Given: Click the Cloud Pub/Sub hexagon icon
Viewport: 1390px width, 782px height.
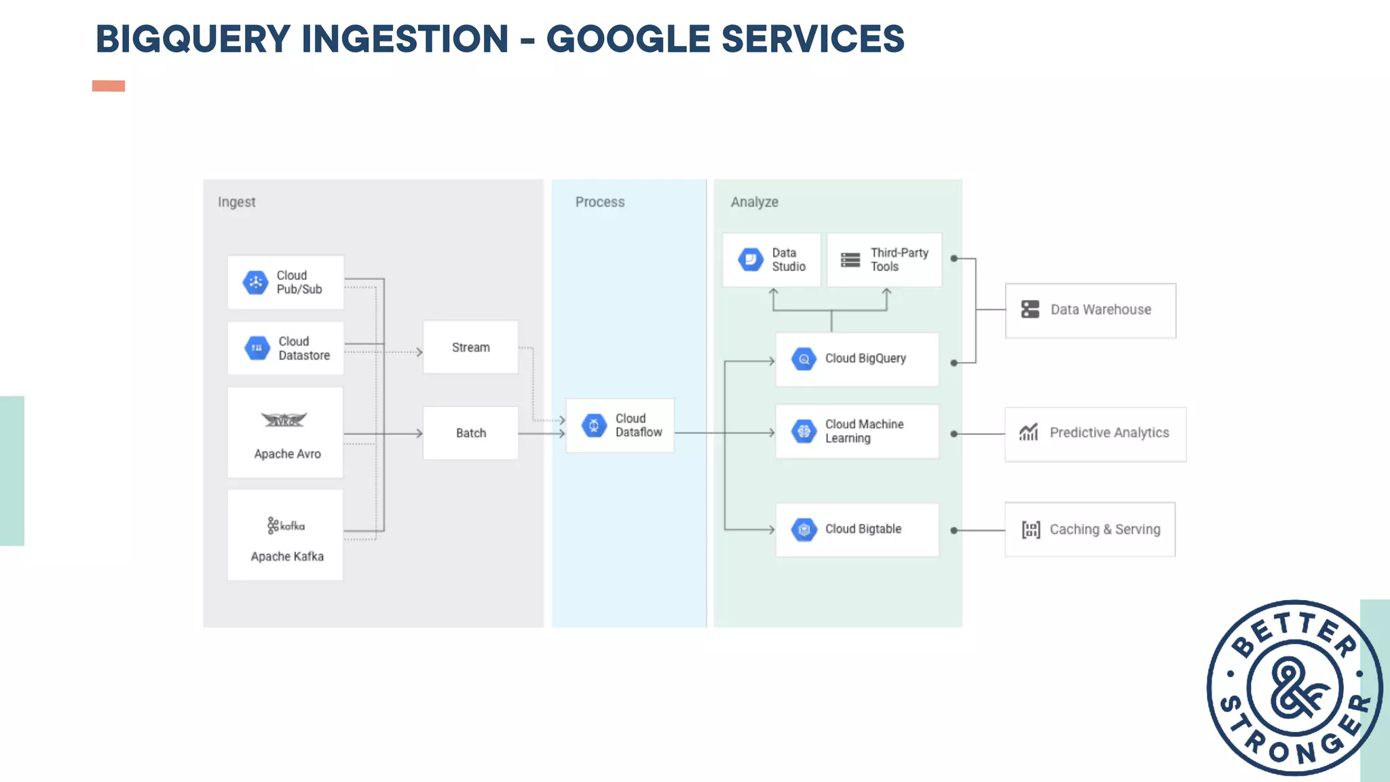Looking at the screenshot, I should pyautogui.click(x=255, y=282).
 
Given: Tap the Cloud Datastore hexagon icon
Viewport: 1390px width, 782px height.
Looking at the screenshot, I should pyautogui.click(x=257, y=348).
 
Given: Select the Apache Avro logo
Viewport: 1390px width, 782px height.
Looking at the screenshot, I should pyautogui.click(x=284, y=420).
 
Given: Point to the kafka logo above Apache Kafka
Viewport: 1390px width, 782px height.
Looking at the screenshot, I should pyautogui.click(x=286, y=525).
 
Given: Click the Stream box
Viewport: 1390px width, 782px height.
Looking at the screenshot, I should pyautogui.click(x=470, y=348).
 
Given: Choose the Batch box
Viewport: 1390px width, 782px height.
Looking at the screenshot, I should pyautogui.click(x=470, y=433).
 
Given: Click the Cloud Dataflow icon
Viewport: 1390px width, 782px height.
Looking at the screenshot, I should pyautogui.click(x=594, y=426).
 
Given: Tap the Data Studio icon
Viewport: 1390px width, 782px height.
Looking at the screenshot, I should pyautogui.click(x=751, y=259).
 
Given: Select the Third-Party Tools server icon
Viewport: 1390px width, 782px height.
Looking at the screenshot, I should pyautogui.click(x=850, y=260).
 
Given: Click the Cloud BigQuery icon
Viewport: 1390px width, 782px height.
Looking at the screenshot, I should pyautogui.click(x=804, y=359).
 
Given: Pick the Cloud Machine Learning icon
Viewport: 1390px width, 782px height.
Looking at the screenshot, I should pyautogui.click(x=804, y=431).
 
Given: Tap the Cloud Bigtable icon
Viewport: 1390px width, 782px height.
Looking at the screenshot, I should pyautogui.click(x=804, y=529).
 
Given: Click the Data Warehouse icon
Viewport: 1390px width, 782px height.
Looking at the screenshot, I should pyautogui.click(x=1030, y=310).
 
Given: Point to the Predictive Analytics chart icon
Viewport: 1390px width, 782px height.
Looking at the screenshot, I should pyautogui.click(x=1029, y=432).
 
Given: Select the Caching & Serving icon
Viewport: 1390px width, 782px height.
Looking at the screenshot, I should pyautogui.click(x=1031, y=529).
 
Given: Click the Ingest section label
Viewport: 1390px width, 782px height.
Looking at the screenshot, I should pyautogui.click(x=236, y=202).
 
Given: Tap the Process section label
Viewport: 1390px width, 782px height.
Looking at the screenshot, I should pyautogui.click(x=600, y=202).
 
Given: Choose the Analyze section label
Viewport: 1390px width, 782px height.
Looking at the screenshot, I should pyautogui.click(x=754, y=202).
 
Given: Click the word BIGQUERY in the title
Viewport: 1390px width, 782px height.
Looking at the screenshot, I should pyautogui.click(x=193, y=39).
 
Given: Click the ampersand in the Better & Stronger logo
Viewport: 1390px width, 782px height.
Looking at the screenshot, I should pyautogui.click(x=1295, y=688).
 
